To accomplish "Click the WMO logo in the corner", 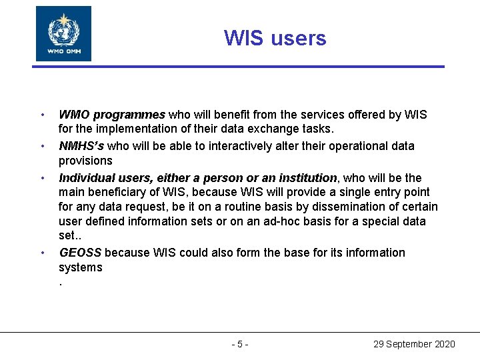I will [x=63, y=33].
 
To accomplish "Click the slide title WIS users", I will [x=275, y=38].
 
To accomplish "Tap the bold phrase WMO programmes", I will [x=113, y=115].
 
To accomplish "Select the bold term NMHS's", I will [x=81, y=146].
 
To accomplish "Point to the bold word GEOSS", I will [x=81, y=253].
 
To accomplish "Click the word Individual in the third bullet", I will [x=85, y=178].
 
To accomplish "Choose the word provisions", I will [x=85, y=161].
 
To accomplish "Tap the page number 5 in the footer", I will [x=240, y=344].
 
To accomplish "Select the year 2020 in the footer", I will [x=444, y=344].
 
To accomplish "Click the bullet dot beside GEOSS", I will [x=41, y=253].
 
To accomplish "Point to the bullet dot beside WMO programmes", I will [x=41, y=115].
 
